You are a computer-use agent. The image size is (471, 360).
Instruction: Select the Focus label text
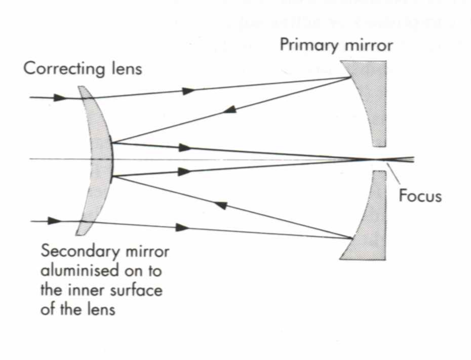pos(420,196)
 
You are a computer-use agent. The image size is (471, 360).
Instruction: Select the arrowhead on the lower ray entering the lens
pos(54,221)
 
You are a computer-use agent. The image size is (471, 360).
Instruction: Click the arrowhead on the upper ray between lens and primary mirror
pos(188,91)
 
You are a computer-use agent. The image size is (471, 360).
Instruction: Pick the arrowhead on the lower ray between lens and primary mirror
pos(182,228)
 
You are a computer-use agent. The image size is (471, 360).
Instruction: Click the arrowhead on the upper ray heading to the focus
pos(185,148)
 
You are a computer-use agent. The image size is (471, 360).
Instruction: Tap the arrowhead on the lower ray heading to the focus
pos(184,172)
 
